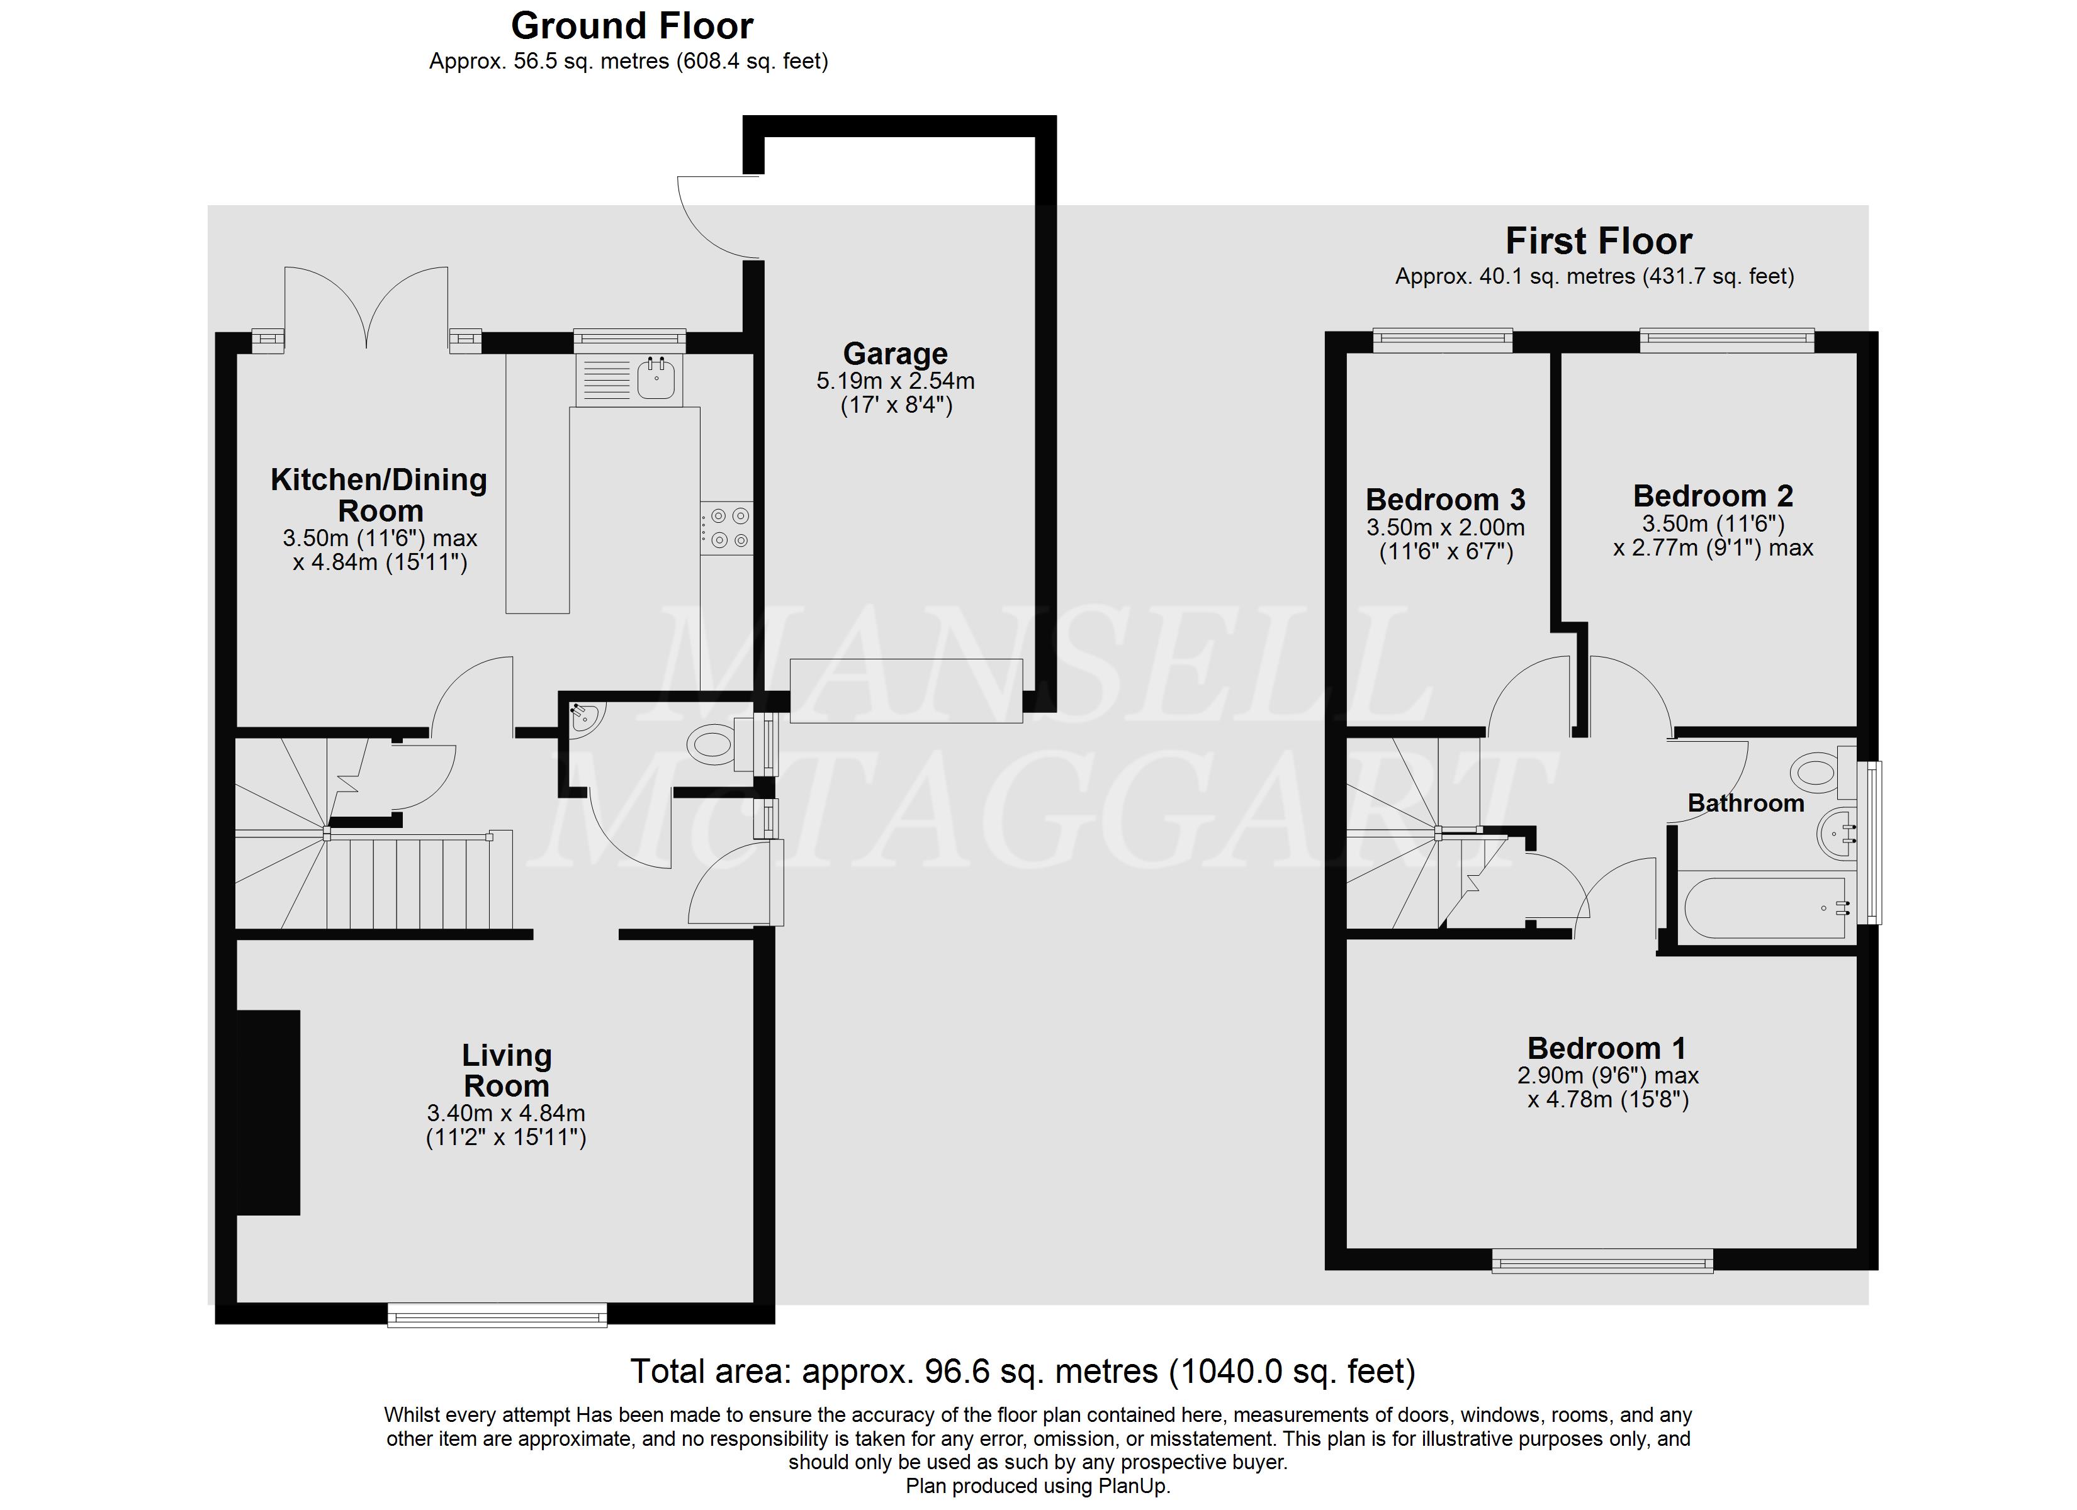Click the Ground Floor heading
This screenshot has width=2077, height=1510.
[x=632, y=26]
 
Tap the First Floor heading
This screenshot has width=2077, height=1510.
[x=1598, y=242]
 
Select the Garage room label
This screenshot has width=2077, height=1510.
[x=895, y=354]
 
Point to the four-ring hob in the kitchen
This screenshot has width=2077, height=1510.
[x=727, y=528]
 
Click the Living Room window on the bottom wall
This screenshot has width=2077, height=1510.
[x=497, y=1316]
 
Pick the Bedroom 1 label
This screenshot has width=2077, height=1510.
[x=1606, y=1048]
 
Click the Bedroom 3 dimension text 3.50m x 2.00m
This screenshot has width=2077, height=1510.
[x=1445, y=527]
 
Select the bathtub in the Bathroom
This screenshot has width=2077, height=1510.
[x=1767, y=907]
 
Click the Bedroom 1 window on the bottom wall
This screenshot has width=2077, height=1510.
[x=1602, y=1263]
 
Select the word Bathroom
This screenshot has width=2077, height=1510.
[x=1745, y=803]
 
